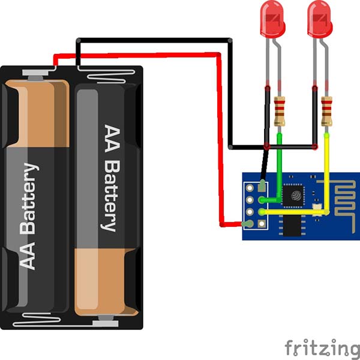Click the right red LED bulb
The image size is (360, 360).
point(319,18)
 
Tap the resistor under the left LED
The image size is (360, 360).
point(279,110)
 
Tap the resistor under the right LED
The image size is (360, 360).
point(326,110)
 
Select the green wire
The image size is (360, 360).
point(279,168)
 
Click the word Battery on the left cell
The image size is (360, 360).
point(31,198)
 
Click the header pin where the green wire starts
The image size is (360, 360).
point(262,200)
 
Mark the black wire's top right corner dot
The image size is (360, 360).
point(231,40)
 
